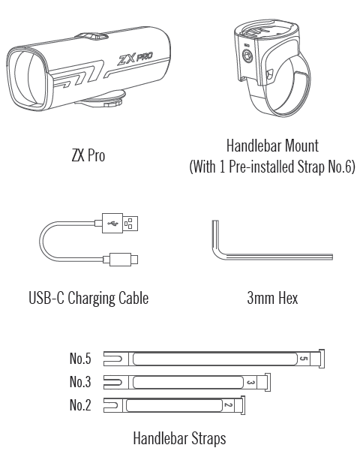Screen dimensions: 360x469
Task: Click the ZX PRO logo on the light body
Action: click(x=135, y=59)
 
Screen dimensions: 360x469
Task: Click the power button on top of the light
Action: click(x=91, y=37)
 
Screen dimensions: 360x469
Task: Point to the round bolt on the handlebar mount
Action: click(x=247, y=56)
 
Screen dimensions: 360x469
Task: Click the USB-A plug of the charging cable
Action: click(x=119, y=223)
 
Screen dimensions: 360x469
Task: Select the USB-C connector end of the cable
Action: click(x=123, y=259)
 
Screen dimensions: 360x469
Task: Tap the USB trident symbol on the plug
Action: click(x=112, y=223)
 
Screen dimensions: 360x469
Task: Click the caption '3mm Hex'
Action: click(x=272, y=298)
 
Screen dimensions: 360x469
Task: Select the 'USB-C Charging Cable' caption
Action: click(x=88, y=298)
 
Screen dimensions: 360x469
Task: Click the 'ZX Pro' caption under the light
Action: click(x=88, y=155)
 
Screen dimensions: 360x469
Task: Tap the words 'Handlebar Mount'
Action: click(x=272, y=146)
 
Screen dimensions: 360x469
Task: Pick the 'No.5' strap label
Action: click(x=80, y=359)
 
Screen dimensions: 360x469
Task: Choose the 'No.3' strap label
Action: click(x=80, y=382)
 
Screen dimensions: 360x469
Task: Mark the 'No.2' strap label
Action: click(x=80, y=405)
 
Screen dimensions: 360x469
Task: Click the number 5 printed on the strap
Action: click(x=304, y=359)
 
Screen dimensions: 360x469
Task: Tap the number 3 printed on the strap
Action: click(x=251, y=382)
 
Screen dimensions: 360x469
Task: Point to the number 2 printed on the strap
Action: click(x=228, y=405)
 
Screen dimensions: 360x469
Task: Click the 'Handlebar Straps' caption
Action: click(x=179, y=438)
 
